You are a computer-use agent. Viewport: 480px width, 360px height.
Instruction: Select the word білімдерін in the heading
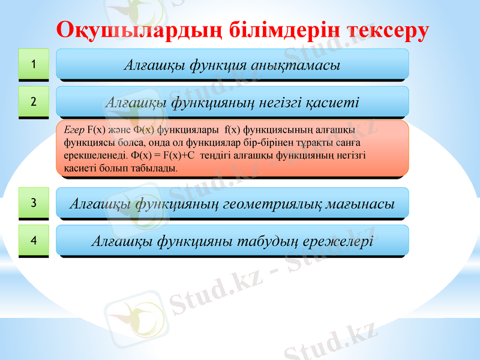pyautogui.click(x=282, y=31)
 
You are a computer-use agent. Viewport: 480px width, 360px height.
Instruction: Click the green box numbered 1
pyautogui.click(x=34, y=64)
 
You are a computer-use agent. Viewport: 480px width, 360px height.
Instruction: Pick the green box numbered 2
pyautogui.click(x=34, y=101)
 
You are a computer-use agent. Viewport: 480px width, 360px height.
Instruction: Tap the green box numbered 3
pyautogui.click(x=34, y=203)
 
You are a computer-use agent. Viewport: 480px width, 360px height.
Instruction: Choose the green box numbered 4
pyautogui.click(x=34, y=240)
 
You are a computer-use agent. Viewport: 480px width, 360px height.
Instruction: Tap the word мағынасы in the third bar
pyautogui.click(x=359, y=204)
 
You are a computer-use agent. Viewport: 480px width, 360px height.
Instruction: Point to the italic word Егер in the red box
pyautogui.click(x=74, y=129)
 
